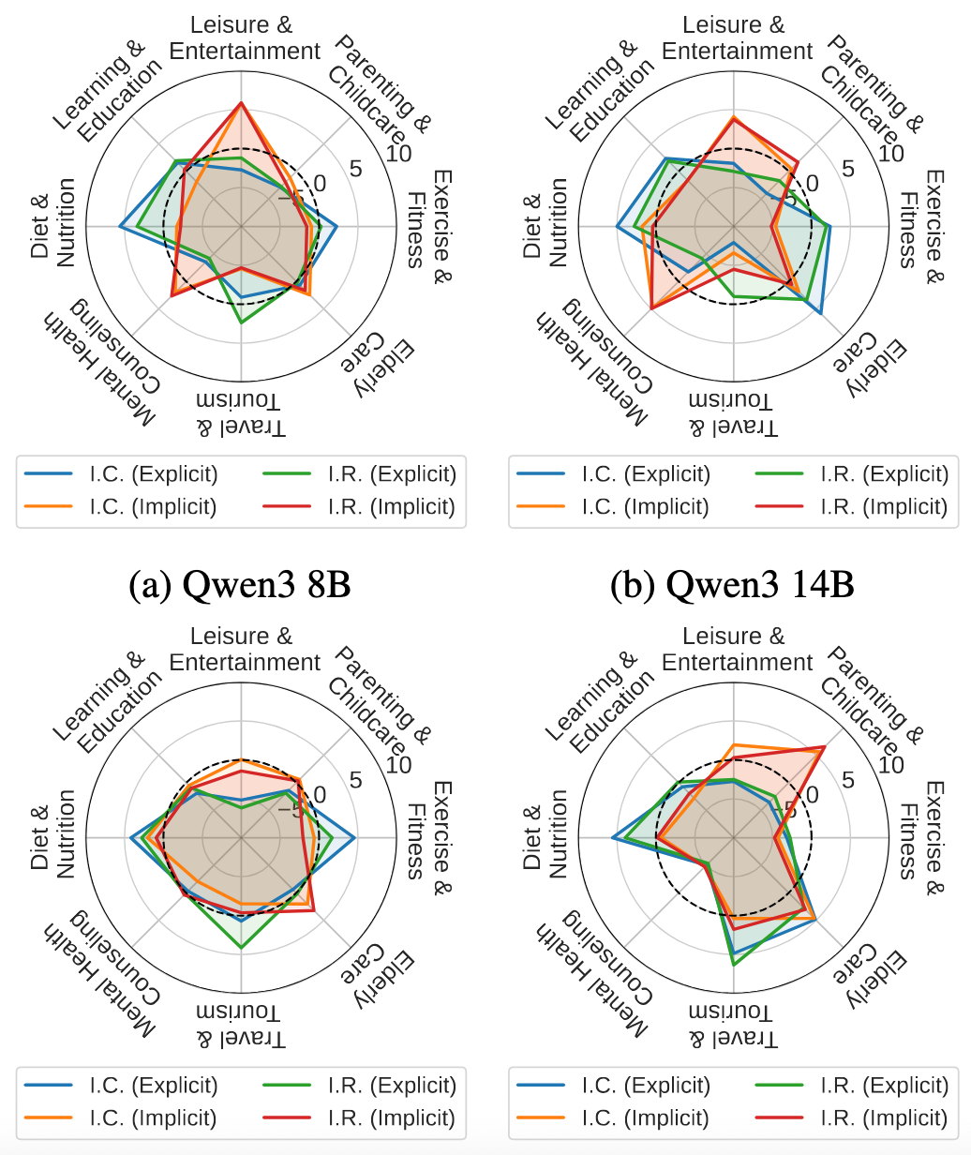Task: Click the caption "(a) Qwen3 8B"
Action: pyautogui.click(x=242, y=585)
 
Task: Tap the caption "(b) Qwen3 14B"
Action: pyautogui.click(x=732, y=585)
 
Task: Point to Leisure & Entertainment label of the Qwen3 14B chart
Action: pyautogui.click(x=737, y=37)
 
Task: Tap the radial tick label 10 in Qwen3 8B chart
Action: pyautogui.click(x=398, y=154)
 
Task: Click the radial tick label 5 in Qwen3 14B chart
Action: pyautogui.click(x=849, y=169)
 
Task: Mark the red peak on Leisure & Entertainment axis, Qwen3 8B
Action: pyautogui.click(x=241, y=102)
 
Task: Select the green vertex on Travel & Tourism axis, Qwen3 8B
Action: pyautogui.click(x=241, y=322)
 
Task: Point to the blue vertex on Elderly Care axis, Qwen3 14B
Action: pyautogui.click(x=822, y=313)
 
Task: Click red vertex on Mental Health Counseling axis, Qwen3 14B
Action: pyautogui.click(x=650, y=307)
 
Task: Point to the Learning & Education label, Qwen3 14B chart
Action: pyautogui.click(x=599, y=90)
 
